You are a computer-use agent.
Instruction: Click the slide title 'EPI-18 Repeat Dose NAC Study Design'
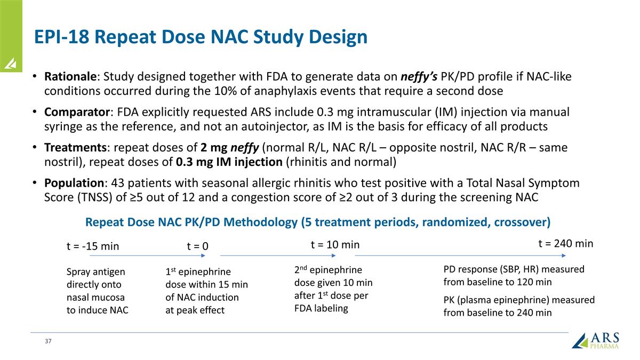point(200,37)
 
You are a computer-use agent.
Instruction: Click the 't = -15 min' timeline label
point(92,246)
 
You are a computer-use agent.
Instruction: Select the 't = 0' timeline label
point(197,246)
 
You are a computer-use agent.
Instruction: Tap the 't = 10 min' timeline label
point(335,244)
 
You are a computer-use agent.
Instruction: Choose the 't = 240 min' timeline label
point(565,243)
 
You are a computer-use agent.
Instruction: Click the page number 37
point(48,341)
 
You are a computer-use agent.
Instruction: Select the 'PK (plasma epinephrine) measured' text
point(518,300)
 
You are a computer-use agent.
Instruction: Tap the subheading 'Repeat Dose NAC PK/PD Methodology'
point(317,221)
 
